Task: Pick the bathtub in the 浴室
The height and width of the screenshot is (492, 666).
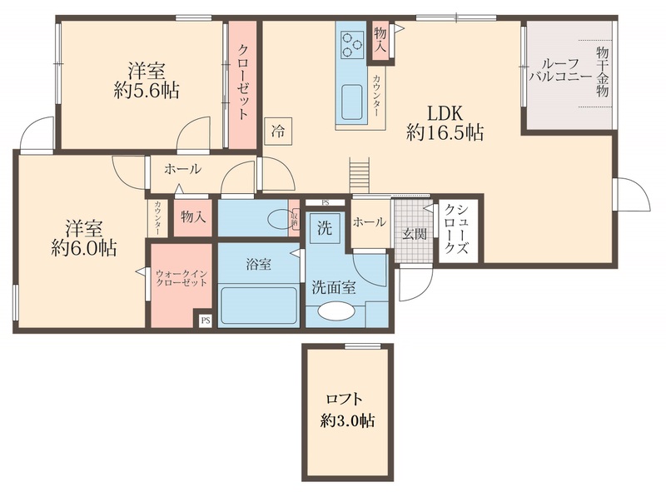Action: (258, 306)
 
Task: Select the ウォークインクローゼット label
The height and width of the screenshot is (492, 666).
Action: (181, 277)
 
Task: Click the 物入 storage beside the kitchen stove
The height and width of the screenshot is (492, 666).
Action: (380, 40)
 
